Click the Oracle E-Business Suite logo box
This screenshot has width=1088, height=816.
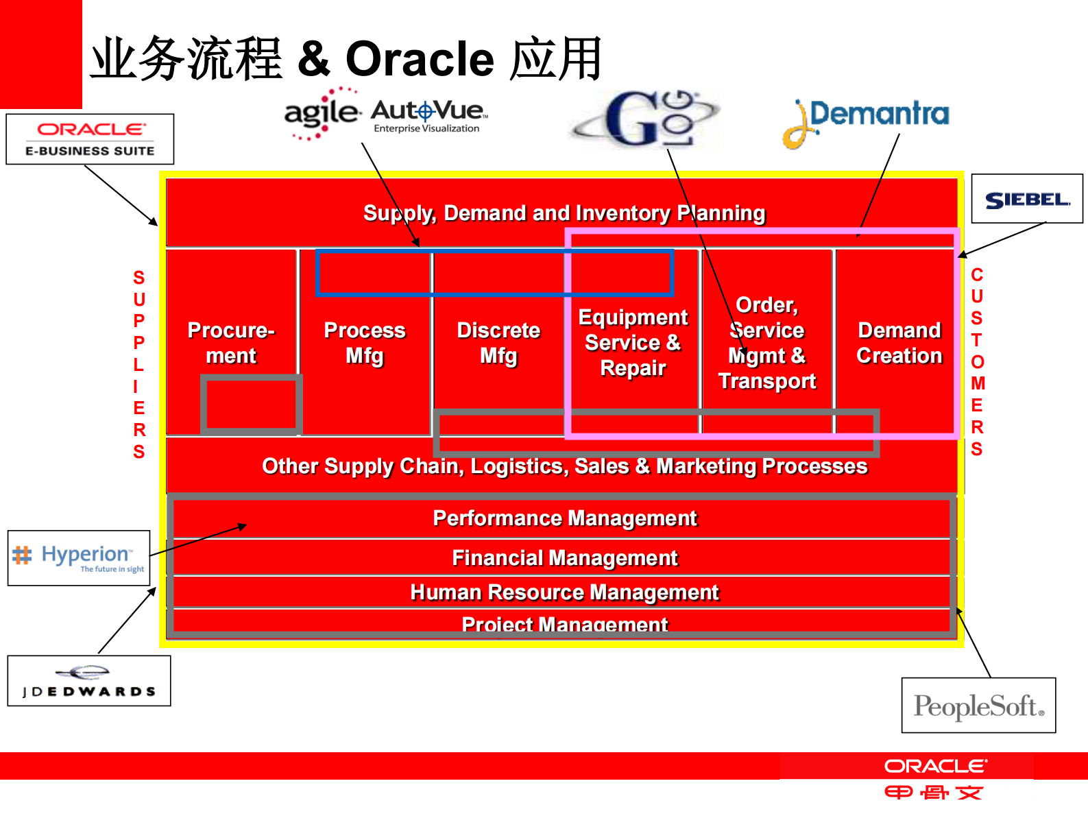coord(90,139)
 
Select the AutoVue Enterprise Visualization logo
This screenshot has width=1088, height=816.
coord(428,115)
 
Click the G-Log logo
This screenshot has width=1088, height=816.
coord(645,119)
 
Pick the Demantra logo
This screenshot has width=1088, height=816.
coord(867,121)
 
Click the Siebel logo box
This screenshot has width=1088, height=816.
coord(1027,199)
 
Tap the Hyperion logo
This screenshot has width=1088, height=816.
coord(79,557)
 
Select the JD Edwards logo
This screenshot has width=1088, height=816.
coord(89,681)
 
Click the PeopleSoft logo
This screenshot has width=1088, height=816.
coord(978,706)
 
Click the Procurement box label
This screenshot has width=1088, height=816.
coord(231,343)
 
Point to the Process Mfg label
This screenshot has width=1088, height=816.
coord(365,343)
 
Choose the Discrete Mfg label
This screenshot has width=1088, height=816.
coord(498,343)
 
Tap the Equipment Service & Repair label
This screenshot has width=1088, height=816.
coord(633,342)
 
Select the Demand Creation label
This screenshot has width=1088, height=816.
coord(899,343)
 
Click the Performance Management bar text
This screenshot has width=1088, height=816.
coord(564,518)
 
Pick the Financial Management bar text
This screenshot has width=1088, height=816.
coord(564,558)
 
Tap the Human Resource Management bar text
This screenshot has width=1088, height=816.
coord(564,592)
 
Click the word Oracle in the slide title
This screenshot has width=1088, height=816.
coord(420,59)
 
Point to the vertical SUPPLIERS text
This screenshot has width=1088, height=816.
coord(139,364)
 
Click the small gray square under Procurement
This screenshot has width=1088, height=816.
coord(251,405)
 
